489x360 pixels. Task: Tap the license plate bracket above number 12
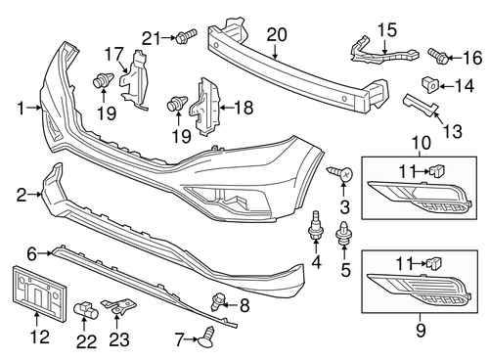coord(32,291)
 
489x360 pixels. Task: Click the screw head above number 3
coord(344,173)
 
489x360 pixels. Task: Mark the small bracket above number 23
coord(120,309)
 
